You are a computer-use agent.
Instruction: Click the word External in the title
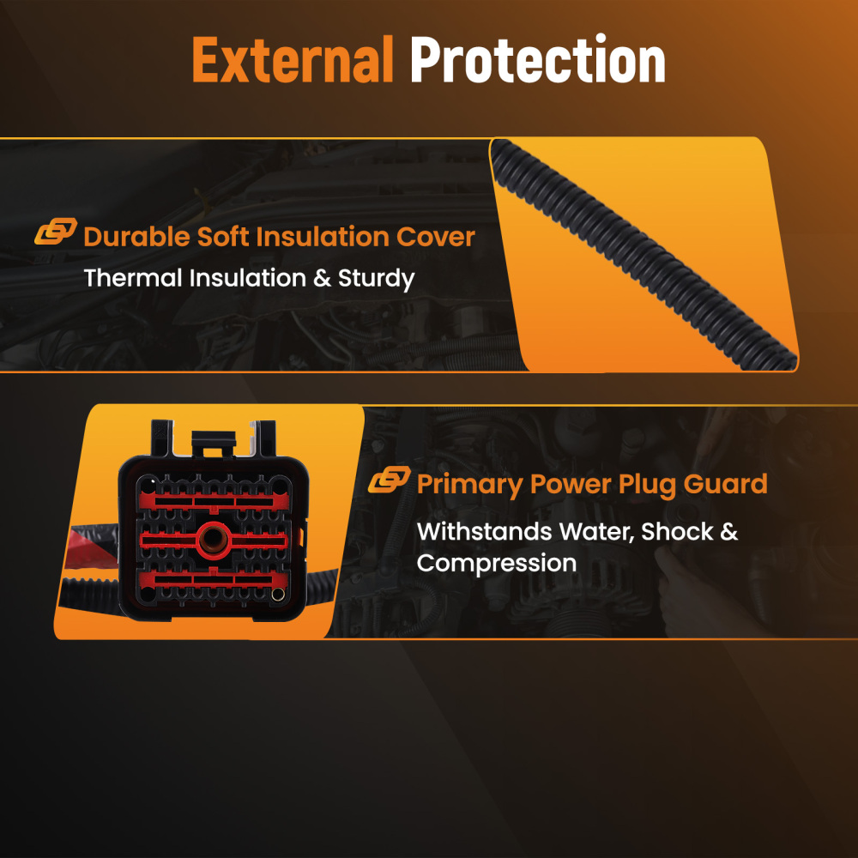coord(293,59)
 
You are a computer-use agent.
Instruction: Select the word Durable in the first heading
coord(136,237)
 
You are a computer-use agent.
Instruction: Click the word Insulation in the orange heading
coord(323,237)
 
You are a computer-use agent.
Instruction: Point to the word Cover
coord(436,237)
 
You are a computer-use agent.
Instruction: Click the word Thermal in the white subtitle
coord(132,278)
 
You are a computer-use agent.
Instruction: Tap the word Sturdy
coord(377,279)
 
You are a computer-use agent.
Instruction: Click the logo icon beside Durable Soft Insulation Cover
coord(55,231)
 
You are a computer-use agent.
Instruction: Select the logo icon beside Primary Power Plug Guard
coord(389,480)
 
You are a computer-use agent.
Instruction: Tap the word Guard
coord(726,484)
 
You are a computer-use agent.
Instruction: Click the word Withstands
coord(484,531)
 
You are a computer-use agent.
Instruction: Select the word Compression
coord(497,563)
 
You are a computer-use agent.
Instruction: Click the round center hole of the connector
coord(214,539)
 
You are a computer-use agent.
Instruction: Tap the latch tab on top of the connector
coord(214,443)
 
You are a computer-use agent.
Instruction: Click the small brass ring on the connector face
coord(277,594)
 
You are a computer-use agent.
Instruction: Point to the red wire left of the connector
coord(90,546)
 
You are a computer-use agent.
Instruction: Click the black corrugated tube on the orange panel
coord(643,255)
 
